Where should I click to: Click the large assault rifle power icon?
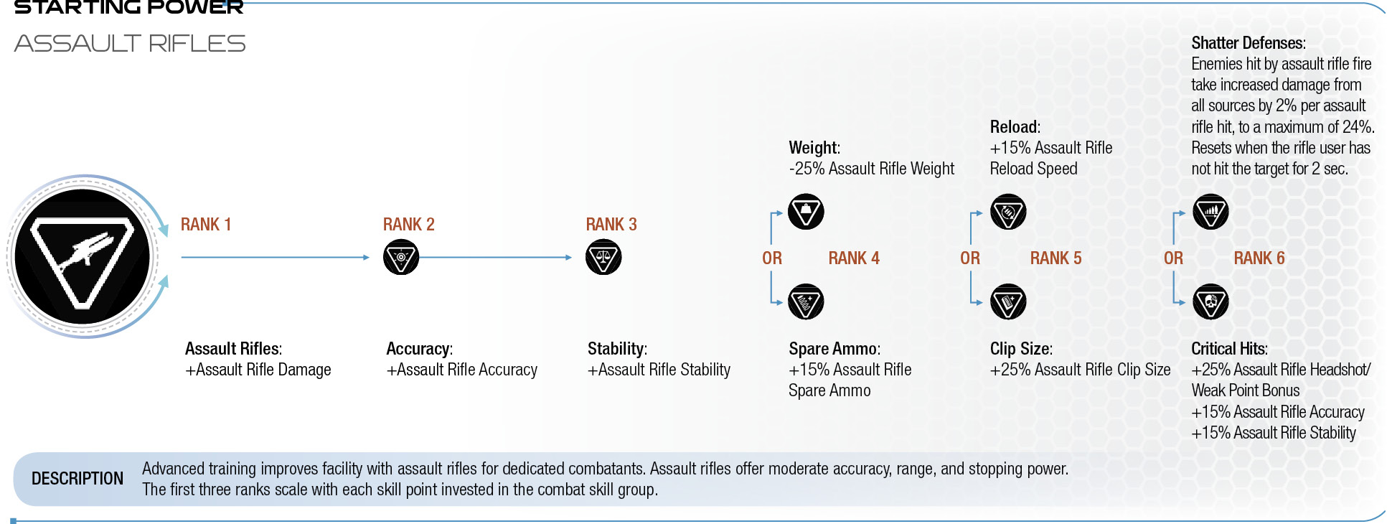(83, 256)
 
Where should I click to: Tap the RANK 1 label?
(206, 225)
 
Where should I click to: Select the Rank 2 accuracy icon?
(401, 257)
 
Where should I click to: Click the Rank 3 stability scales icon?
(603, 257)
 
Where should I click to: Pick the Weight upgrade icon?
(806, 212)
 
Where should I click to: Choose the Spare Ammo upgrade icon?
(806, 301)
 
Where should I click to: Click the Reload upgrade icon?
(1008, 212)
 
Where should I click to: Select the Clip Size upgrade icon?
(1008, 301)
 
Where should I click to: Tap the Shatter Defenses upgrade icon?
(1210, 212)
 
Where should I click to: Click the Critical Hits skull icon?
(1210, 301)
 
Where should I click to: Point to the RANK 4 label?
(854, 258)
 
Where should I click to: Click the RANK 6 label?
(1259, 258)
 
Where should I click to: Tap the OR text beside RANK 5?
(970, 258)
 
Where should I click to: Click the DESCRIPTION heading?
(77, 479)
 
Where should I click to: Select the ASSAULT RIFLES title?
(130, 44)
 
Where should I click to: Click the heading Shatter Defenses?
(1249, 43)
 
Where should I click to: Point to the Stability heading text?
(617, 349)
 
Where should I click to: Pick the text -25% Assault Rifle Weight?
(872, 169)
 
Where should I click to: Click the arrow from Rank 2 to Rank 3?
(495, 257)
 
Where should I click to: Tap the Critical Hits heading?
(1230, 349)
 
